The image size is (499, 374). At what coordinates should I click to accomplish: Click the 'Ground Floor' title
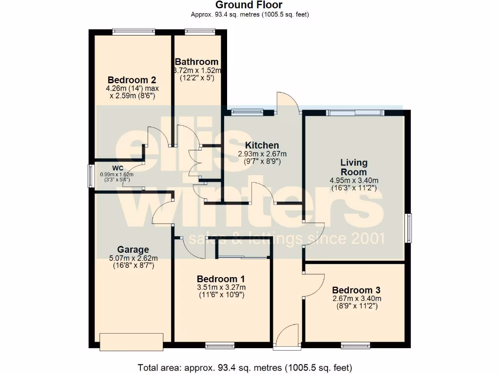point(249,5)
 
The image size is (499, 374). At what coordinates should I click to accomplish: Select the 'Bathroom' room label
point(196,62)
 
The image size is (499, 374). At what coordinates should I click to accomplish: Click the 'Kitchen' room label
point(262,145)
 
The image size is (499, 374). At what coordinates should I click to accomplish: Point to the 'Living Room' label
point(354,167)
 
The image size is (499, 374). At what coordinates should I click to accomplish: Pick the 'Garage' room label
point(133,250)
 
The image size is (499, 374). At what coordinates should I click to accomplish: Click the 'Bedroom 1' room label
point(221,279)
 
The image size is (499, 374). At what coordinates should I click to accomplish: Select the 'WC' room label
point(117,168)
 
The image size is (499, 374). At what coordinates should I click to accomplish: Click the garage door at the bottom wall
point(131,341)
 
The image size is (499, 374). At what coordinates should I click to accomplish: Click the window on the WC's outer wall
point(91,176)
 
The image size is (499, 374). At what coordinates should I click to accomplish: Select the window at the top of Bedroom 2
point(134,32)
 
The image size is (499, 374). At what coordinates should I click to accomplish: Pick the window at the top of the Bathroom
point(200,32)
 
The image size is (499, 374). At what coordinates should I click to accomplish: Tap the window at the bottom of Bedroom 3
point(355,346)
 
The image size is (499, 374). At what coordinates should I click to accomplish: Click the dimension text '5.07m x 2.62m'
point(133,258)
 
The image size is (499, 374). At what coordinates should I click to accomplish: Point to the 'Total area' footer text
point(245,367)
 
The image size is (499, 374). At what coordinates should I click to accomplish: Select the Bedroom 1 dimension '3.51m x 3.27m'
point(221,287)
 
